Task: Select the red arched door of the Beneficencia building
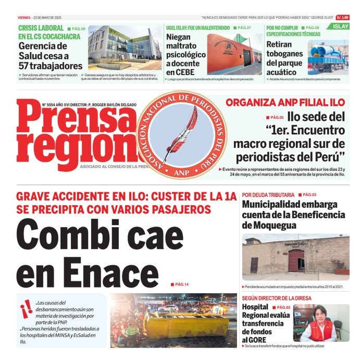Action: click(x=296, y=260)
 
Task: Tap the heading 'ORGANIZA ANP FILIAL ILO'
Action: click(x=285, y=103)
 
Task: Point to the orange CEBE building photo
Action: click(x=234, y=54)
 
